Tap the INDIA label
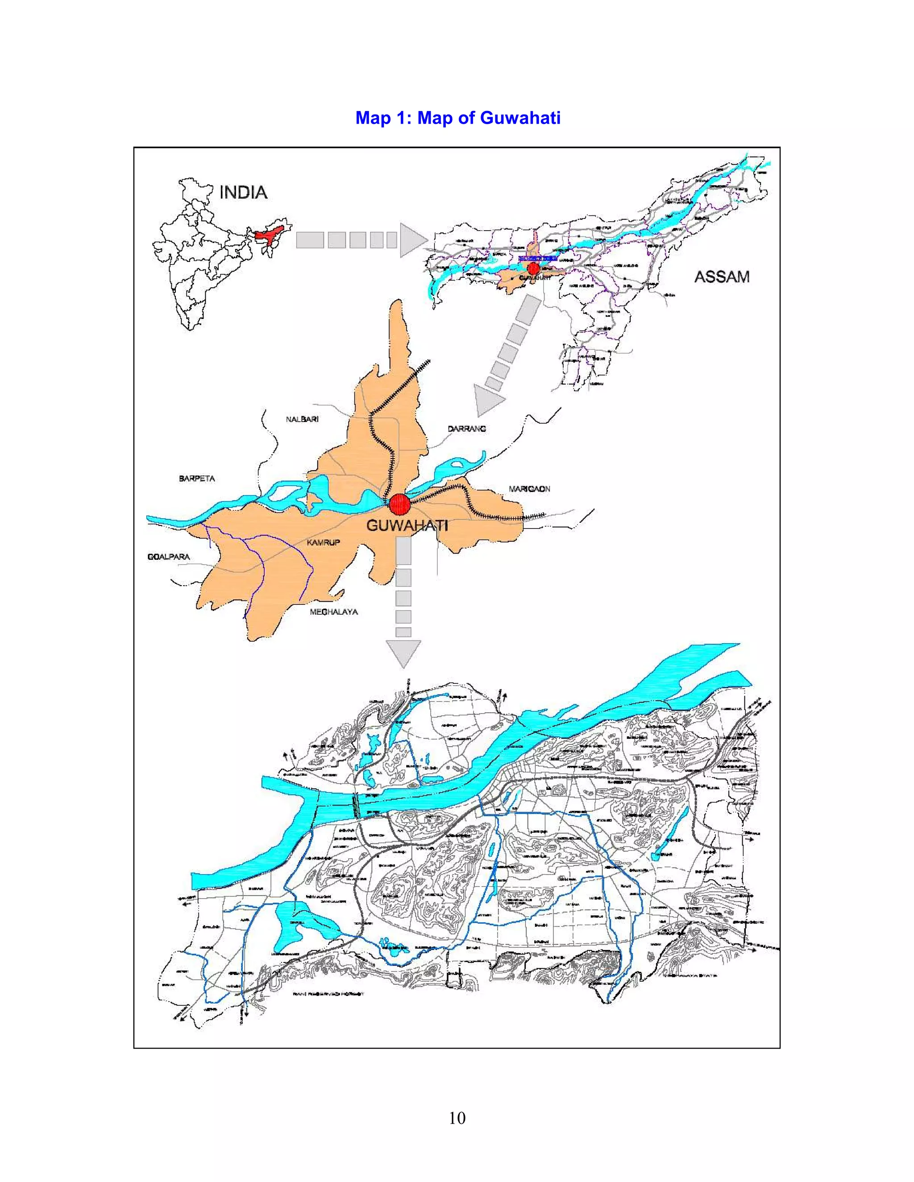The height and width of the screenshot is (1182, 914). coord(243,192)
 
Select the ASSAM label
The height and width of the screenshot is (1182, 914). coord(722,277)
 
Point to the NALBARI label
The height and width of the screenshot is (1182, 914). coord(302,419)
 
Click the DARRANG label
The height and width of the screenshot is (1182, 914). coord(467,428)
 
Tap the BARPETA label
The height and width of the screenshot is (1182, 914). coord(196,479)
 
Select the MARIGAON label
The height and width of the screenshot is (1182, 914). coord(529,489)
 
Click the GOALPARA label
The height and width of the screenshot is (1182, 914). coord(168,556)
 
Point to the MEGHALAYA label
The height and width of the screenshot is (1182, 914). coord(333,612)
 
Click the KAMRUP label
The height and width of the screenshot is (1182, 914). coord(323,542)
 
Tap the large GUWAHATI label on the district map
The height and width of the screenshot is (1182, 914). coord(407,525)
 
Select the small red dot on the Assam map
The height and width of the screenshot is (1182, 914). coord(534,268)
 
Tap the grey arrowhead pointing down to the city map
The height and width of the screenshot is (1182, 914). coord(403,653)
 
